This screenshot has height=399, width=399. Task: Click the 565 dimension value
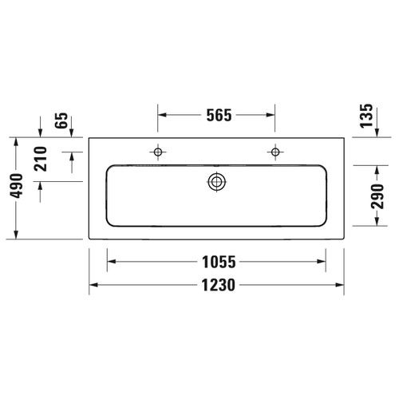(216, 115)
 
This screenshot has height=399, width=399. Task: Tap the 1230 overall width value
(216, 285)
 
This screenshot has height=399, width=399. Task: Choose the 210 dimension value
(42, 163)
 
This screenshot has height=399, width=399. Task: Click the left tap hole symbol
(158, 151)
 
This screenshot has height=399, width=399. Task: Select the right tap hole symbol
(275, 151)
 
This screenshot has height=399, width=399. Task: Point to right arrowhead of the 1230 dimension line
(341, 285)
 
